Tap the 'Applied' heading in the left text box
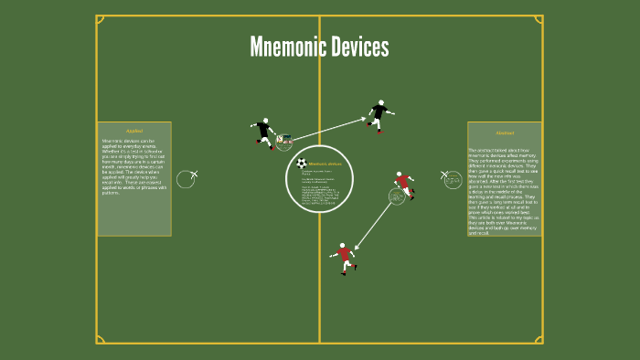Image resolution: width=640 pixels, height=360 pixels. [134, 131]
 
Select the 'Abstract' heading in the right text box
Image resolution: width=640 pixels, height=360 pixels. [505, 132]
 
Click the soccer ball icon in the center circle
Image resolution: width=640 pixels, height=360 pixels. [301, 164]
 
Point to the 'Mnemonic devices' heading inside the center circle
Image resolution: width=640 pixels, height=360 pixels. [325, 164]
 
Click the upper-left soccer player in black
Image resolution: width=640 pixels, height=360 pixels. [264, 132]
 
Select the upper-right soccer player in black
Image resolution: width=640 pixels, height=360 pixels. [379, 115]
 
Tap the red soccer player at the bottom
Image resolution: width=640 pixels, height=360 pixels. [344, 257]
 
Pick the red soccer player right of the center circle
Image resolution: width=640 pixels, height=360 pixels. [404, 184]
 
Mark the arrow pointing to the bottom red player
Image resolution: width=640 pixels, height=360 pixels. [375, 224]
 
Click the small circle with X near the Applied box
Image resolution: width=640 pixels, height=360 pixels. [186, 179]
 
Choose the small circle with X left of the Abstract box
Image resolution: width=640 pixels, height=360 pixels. [453, 180]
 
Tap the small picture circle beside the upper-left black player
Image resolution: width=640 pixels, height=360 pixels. [284, 142]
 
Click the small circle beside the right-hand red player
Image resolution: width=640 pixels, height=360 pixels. [397, 196]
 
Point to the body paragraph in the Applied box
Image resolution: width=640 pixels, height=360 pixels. [134, 166]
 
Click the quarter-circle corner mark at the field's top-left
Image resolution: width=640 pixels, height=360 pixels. [100, 19]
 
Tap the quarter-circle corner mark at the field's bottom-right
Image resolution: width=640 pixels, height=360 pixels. [539, 339]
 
